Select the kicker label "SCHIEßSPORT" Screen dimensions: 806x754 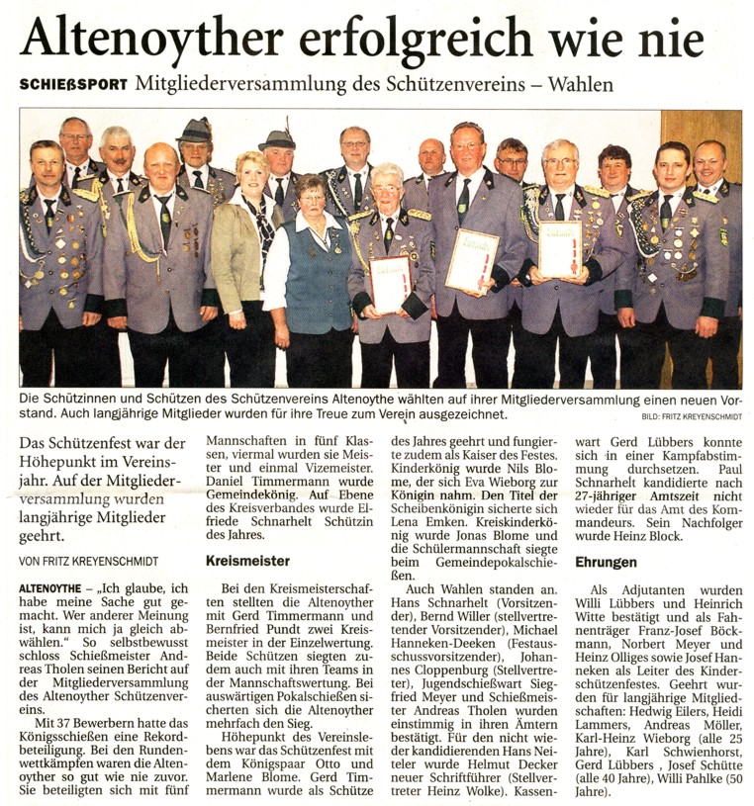[72, 85]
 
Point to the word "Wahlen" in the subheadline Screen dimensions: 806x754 [579, 84]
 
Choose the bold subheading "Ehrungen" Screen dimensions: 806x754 [606, 562]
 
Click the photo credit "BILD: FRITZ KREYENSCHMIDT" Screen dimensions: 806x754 [691, 417]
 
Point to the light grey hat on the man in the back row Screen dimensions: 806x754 [194, 131]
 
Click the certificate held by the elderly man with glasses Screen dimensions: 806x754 [390, 283]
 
